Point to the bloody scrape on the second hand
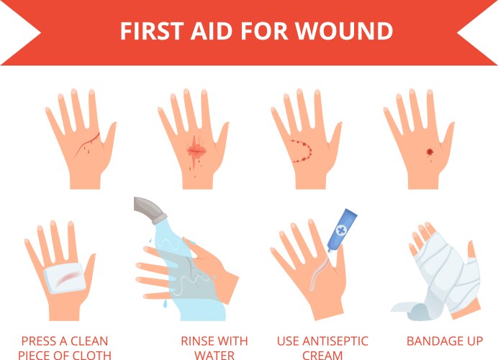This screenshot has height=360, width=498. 196,150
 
